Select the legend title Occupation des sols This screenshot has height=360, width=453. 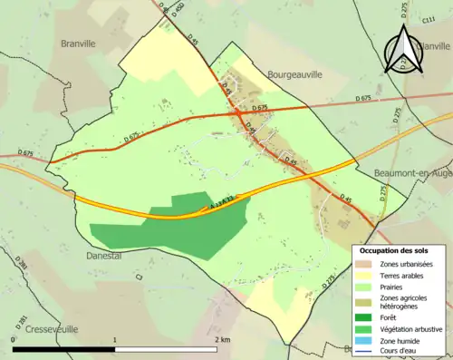click(394, 249)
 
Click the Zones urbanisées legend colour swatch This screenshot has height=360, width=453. click(364, 264)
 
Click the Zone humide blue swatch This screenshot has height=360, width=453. click(364, 341)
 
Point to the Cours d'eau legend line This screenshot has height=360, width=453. click(364, 352)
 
